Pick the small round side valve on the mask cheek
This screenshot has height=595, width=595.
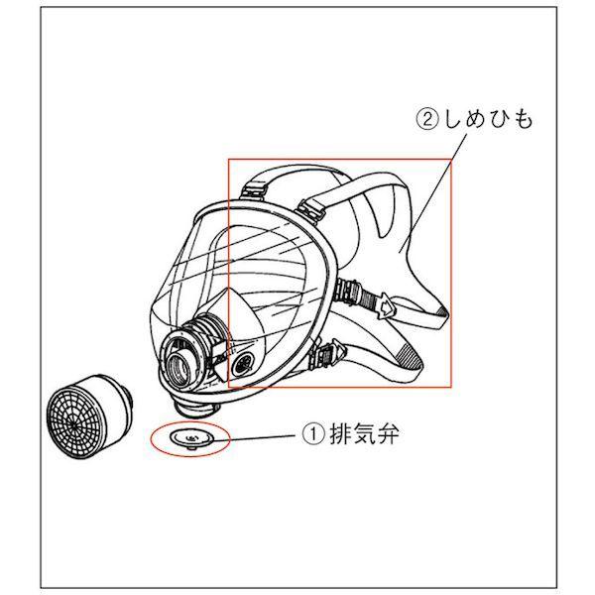pyautogui.click(x=246, y=363)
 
